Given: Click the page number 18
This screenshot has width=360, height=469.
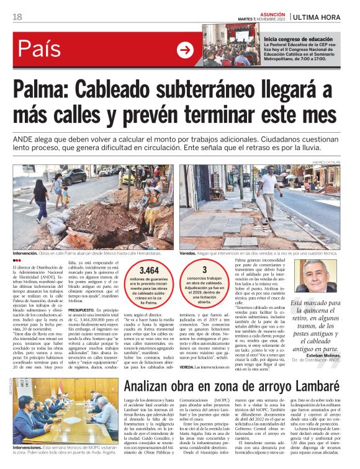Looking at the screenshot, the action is pyautogui.click(x=17, y=17).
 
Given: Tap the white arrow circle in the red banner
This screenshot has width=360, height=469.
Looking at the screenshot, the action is pyautogui.click(x=185, y=50).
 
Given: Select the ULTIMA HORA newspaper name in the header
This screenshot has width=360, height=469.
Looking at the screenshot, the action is pyautogui.click(x=318, y=17).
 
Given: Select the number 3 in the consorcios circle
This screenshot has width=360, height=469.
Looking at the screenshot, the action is pyautogui.click(x=204, y=269).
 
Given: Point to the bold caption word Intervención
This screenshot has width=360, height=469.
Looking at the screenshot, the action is pyautogui.click(x=25, y=253).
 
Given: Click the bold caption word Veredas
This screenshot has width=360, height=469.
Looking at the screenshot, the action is pyautogui.click(x=190, y=253).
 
